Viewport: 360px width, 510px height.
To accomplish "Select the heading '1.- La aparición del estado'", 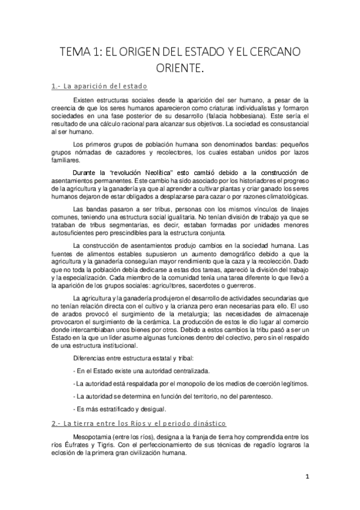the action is pos(99,85).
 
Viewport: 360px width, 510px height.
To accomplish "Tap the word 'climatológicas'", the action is pos(281,196).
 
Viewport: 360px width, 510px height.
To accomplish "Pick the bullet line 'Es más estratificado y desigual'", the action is pos(107,409).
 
